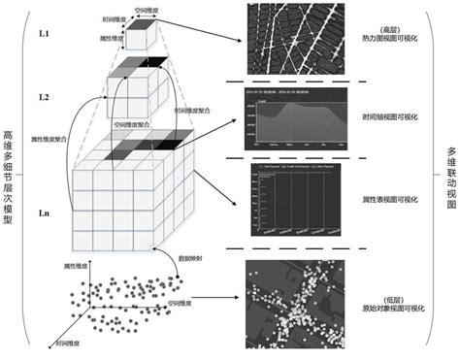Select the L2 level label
[x=44, y=99]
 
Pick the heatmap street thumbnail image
[x=295, y=39]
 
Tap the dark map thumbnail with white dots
[x=295, y=296]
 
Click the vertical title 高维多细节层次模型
[x=9, y=180]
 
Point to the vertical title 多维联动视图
[x=451, y=180]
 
